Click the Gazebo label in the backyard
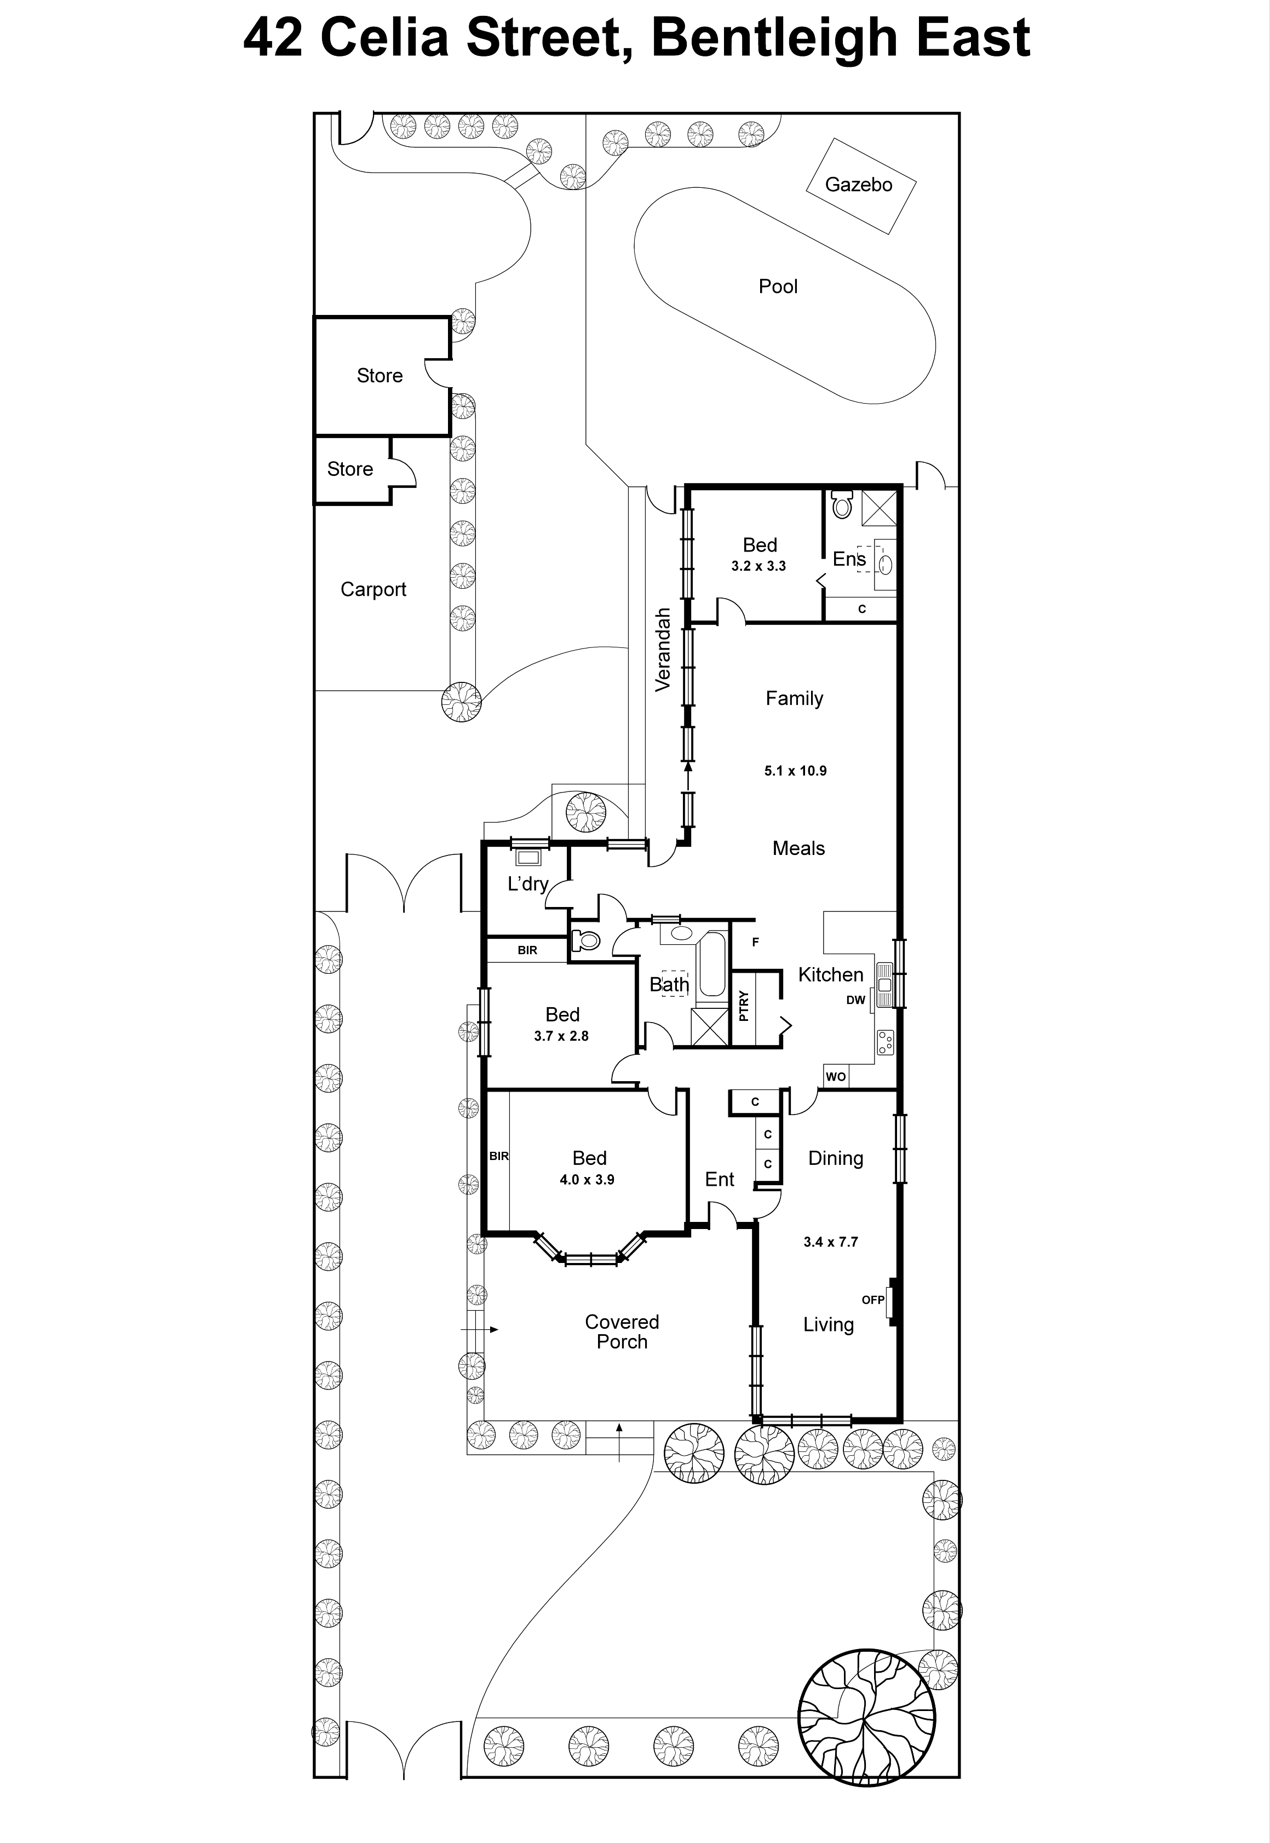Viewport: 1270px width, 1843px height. pos(859,185)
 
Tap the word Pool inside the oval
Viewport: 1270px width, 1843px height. pos(778,286)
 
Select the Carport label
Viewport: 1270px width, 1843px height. pos(373,590)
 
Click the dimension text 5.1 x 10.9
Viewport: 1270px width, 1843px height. pos(795,770)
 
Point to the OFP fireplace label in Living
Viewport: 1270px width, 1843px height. pos(873,1300)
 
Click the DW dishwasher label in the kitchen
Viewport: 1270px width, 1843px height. pos(855,1000)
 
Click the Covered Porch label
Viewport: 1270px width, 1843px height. pos(622,1331)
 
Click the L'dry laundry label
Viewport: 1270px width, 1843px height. pos(527,883)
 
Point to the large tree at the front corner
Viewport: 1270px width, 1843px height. pos(866,1717)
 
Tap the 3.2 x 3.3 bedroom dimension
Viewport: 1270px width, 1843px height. pos(758,566)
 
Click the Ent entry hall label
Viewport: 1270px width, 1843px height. pos(720,1179)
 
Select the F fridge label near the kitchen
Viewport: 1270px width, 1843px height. pos(755,942)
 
